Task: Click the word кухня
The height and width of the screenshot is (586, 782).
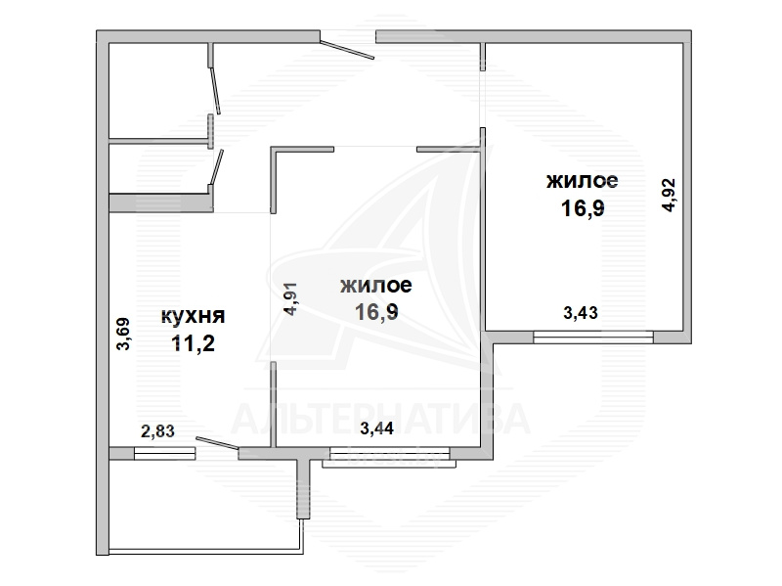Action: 193,316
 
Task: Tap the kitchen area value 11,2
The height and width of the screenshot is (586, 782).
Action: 193,343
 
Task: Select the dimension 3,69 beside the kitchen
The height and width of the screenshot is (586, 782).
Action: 123,334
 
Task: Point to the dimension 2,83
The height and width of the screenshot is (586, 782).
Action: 157,430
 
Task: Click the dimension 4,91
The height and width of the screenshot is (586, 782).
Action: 289,298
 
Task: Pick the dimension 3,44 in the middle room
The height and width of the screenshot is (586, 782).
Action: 376,428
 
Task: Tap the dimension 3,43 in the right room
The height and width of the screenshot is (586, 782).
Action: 581,312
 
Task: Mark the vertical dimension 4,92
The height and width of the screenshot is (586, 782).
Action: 669,195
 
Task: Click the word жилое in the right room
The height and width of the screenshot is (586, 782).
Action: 582,180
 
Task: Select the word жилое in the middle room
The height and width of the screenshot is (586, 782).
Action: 376,285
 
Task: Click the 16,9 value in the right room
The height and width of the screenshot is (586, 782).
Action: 583,207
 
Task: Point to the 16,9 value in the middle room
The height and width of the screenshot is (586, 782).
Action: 376,312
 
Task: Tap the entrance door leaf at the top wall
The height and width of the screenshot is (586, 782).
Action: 347,47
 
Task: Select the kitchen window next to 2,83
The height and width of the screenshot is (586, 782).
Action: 164,453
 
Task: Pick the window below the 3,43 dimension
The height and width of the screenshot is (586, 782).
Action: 593,337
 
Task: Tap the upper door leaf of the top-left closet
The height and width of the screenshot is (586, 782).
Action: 215,90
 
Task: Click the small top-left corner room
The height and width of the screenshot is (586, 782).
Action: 157,90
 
